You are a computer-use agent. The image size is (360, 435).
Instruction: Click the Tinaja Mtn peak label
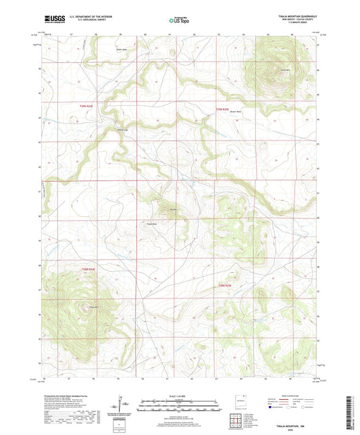point(85,308)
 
